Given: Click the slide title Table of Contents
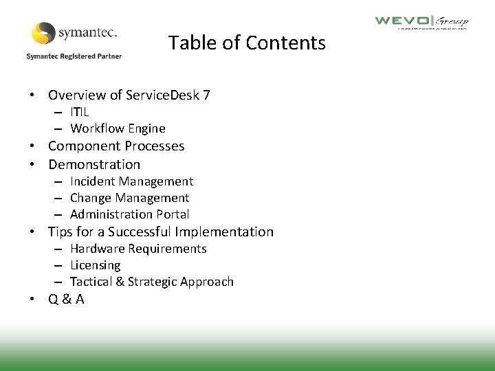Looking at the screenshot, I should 247,43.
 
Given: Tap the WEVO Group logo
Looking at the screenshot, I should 421,22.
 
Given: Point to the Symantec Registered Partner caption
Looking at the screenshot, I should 74,56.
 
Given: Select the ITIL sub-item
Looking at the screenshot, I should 79,111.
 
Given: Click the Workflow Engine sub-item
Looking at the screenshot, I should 118,128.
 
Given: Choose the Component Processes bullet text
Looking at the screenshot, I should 116,146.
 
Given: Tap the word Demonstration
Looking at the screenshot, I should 94,164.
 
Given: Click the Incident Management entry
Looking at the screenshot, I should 131,181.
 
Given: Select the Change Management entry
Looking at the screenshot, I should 129,198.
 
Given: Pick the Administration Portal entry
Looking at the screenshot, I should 129,214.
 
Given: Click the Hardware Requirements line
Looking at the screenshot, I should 138,249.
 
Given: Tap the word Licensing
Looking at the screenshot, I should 95,265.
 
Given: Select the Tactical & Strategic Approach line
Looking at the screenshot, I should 152,282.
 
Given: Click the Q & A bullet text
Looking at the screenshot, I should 66,300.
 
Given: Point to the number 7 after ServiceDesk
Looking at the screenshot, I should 206,95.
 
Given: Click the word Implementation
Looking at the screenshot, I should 224,232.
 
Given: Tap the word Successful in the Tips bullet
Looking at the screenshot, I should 141,232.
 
